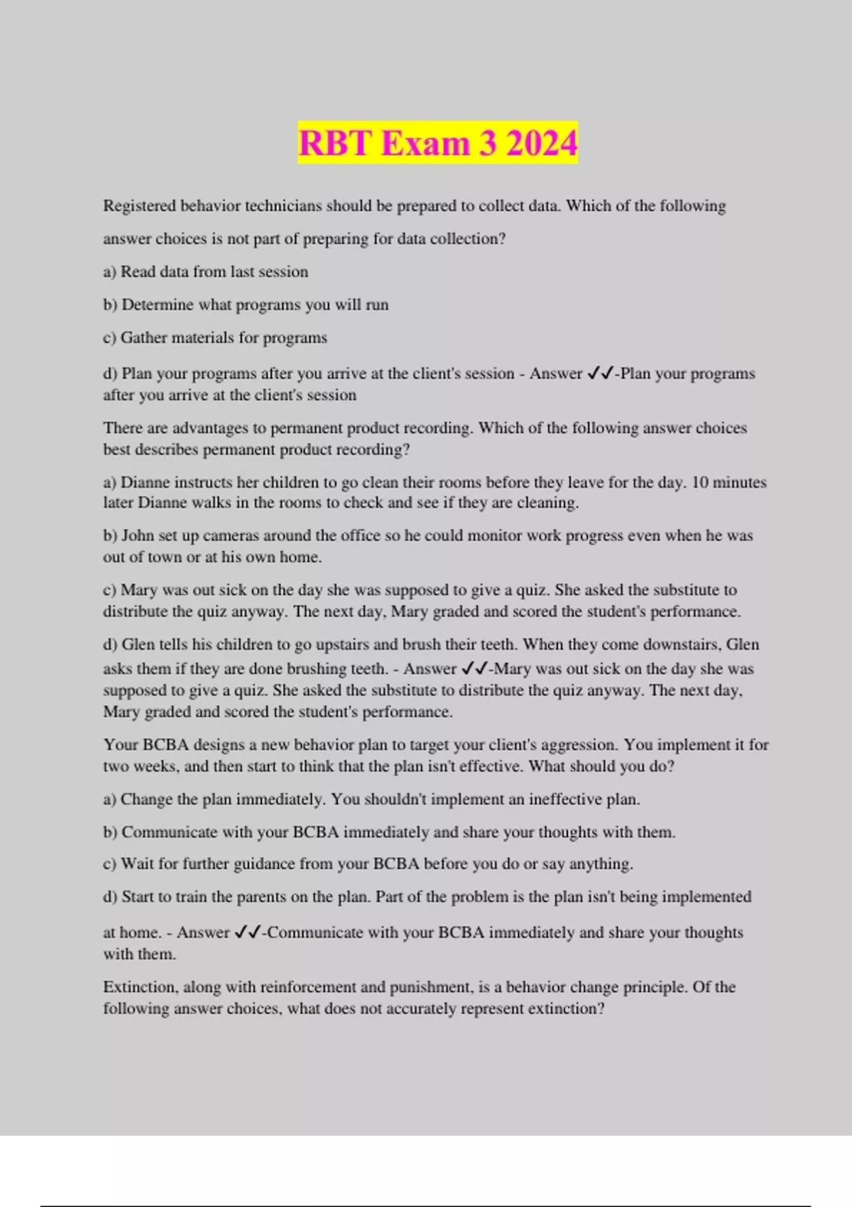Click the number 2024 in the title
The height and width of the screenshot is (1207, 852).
tap(542, 143)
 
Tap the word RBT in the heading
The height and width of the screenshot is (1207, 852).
tap(334, 143)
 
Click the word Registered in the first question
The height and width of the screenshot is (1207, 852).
tap(139, 206)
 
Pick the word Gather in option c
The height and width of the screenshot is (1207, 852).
tap(142, 337)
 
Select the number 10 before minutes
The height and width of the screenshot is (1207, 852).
tap(699, 482)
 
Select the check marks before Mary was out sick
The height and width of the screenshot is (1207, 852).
tap(474, 669)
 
